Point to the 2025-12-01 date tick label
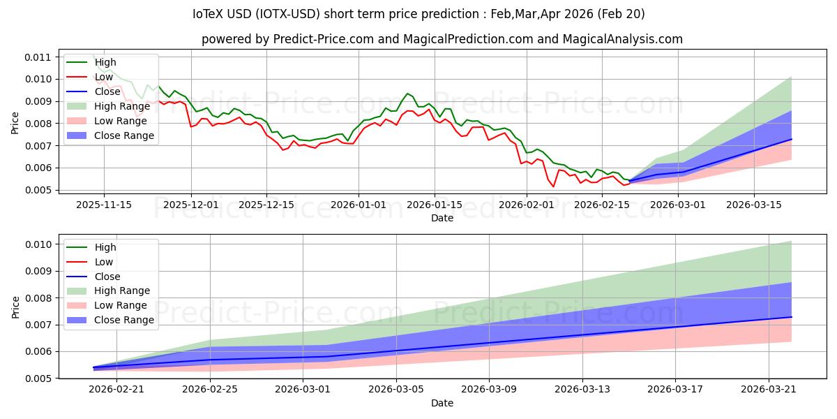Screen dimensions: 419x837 [x=192, y=205]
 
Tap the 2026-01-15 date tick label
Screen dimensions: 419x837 [x=435, y=205]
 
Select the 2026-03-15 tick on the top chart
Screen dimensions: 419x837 [x=753, y=205]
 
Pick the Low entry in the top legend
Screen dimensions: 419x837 [x=104, y=77]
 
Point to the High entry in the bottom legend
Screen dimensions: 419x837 [x=105, y=247]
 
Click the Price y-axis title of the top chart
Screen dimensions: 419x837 [x=16, y=123]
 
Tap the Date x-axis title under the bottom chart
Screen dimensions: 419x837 [x=442, y=403]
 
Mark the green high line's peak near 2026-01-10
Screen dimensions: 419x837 [x=407, y=94]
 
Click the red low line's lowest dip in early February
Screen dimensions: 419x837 [x=554, y=186]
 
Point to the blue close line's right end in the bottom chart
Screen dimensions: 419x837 [x=792, y=316]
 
